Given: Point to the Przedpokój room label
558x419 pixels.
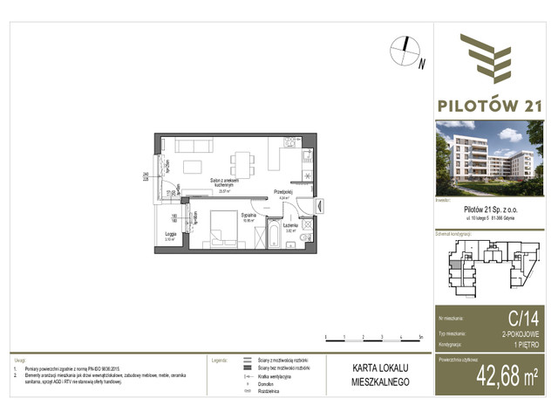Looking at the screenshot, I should (x=282, y=193).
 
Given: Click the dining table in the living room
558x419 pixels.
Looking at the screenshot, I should (x=242, y=161).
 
